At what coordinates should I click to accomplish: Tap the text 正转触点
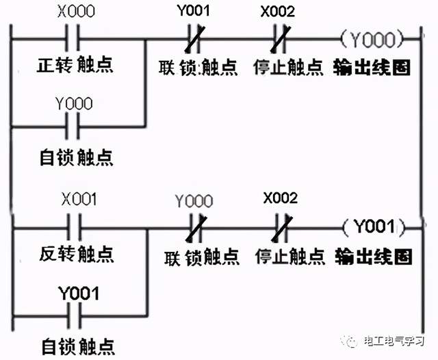(x=75, y=67)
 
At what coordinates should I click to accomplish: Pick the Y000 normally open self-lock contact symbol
(x=75, y=126)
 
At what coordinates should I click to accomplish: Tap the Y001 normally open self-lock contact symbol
(x=75, y=315)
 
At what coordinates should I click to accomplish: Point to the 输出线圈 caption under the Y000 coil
(x=372, y=68)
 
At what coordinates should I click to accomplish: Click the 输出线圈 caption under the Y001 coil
(x=374, y=257)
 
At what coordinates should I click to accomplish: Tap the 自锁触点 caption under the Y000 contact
(x=75, y=157)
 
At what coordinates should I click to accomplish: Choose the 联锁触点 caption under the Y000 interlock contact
(x=203, y=257)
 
